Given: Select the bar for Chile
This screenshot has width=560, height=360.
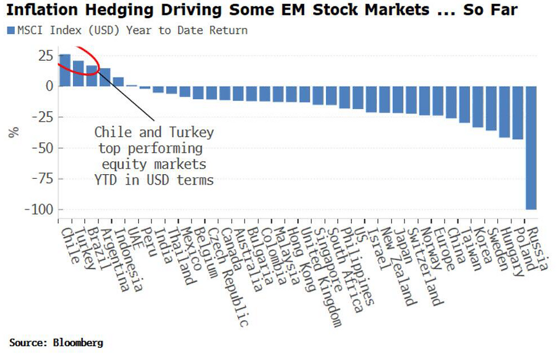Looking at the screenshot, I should click(65, 70).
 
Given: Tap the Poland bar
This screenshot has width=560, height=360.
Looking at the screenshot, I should click(518, 113).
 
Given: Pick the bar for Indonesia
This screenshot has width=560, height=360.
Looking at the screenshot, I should click(118, 82).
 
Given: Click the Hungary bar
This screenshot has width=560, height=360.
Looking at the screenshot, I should click(505, 112).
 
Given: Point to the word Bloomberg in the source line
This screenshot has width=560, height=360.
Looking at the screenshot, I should click(78, 343).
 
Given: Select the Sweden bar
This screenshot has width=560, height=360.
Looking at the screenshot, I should click(491, 108).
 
